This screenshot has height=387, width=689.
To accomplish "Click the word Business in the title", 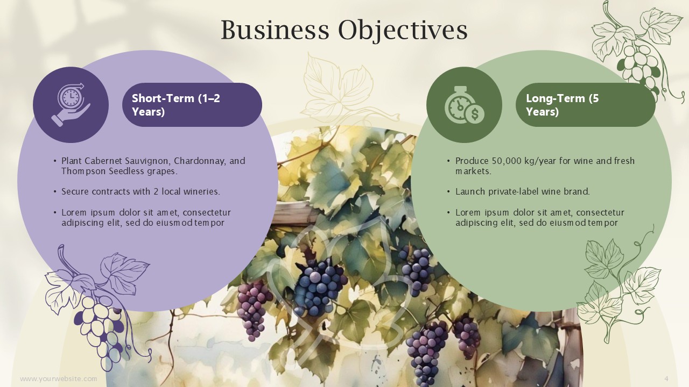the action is [275, 30].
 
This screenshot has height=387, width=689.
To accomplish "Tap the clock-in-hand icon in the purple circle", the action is [71, 104].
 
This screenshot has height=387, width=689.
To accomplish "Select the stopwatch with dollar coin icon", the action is [465, 105].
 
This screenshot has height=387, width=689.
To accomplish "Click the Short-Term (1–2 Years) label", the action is [176, 105].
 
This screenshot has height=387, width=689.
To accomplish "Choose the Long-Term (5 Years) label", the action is [563, 105].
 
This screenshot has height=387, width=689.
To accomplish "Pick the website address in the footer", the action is [59, 379].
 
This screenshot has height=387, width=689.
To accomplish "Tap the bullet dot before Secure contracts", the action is [55, 192].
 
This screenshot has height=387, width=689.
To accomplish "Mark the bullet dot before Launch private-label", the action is [449, 192].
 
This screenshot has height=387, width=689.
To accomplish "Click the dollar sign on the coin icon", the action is [475, 114].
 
